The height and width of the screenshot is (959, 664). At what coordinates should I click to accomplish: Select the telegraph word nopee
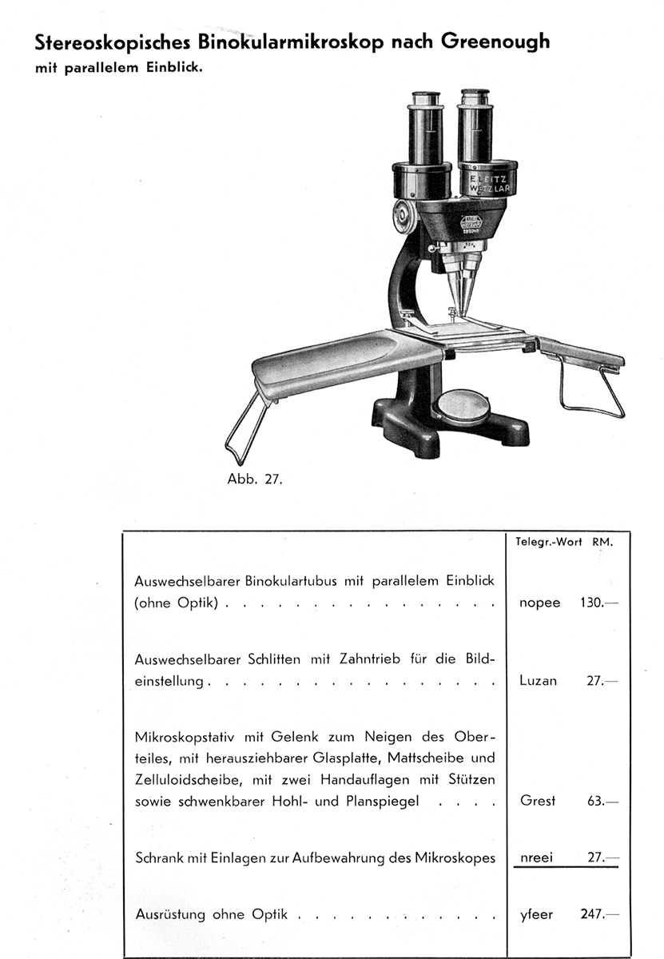tap(539, 603)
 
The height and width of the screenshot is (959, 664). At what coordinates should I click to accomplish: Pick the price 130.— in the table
tap(598, 603)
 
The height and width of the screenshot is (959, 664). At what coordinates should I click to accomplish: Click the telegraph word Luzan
tap(538, 682)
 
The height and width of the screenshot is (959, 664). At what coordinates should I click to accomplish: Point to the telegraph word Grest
tap(538, 801)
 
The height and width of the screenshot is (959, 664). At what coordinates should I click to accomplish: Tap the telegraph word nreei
tap(538, 858)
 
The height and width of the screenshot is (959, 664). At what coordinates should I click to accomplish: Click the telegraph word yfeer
tap(536, 915)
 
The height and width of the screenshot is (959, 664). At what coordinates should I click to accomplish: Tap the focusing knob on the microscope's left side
tap(405, 213)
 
